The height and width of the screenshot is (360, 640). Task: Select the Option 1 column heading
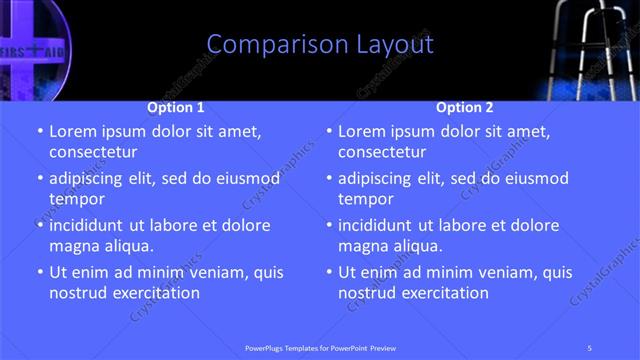click(x=176, y=107)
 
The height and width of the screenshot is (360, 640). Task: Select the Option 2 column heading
click(x=465, y=107)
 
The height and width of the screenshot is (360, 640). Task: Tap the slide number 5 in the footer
click(x=590, y=347)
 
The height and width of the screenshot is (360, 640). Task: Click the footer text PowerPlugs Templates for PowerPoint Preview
click(x=319, y=347)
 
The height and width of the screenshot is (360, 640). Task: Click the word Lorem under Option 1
click(x=72, y=131)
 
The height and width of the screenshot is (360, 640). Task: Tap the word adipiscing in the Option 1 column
click(x=91, y=179)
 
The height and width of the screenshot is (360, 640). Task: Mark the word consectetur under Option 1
click(x=93, y=152)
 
